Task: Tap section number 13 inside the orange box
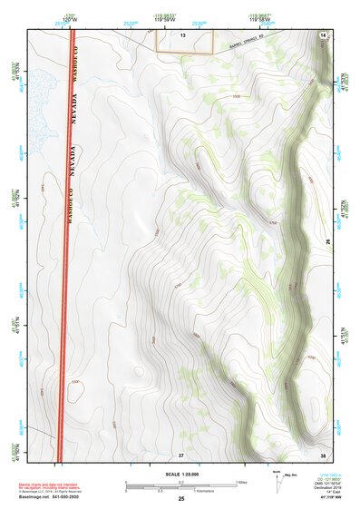[182, 34]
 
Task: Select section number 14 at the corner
[324, 34]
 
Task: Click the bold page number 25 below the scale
[181, 499]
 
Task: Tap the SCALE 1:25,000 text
[180, 475]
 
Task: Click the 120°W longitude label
[70, 19]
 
